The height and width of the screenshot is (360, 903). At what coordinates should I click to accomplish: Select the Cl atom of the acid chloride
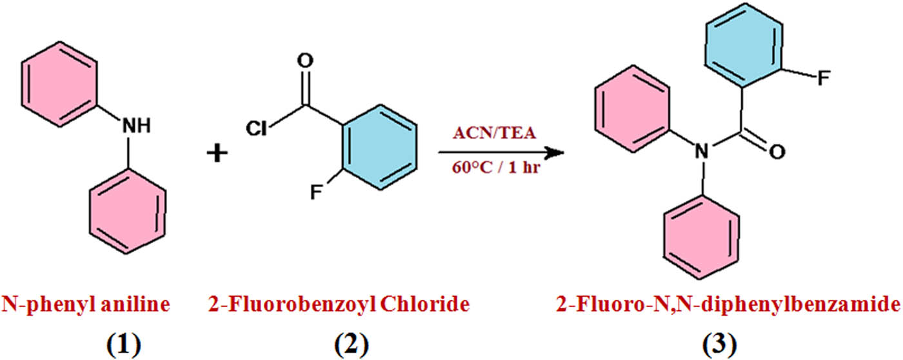point(257,128)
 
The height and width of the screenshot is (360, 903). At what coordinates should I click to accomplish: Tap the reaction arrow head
point(555,154)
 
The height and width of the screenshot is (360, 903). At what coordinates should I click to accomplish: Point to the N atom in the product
point(702,153)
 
